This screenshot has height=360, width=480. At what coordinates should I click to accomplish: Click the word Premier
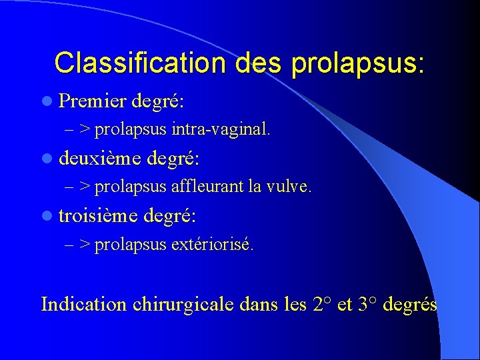[x=93, y=102]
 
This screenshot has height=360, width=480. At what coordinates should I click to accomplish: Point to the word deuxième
[x=100, y=159]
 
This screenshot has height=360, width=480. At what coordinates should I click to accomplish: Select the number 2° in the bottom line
[x=322, y=305]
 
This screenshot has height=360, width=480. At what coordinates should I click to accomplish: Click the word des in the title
[x=253, y=63]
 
